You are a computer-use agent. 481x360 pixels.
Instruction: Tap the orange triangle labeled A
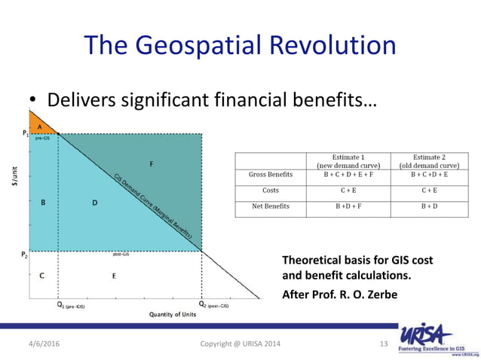coord(39,127)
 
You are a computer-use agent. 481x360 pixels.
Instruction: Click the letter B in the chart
coord(43,202)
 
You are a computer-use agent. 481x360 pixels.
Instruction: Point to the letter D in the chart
coord(95,202)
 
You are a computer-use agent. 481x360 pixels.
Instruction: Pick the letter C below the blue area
coord(41,276)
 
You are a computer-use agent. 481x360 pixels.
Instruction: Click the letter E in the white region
coord(113,276)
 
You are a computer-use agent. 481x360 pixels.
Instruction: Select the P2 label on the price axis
coord(24,254)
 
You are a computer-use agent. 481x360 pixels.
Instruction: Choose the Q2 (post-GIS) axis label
coord(213,306)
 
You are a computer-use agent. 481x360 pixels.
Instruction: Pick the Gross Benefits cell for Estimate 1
coord(342,175)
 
